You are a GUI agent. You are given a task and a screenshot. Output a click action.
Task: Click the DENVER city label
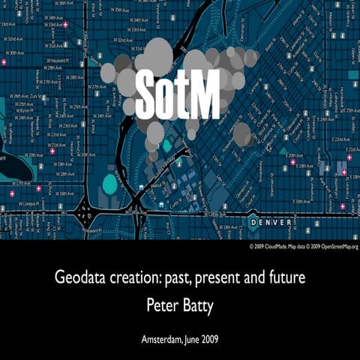point(276,223)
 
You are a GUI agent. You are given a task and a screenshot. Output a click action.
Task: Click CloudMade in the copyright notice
point(278,246)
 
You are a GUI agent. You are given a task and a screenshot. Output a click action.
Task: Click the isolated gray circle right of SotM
point(242,134)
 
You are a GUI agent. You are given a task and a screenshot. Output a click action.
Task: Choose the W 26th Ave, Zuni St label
point(22,97)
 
